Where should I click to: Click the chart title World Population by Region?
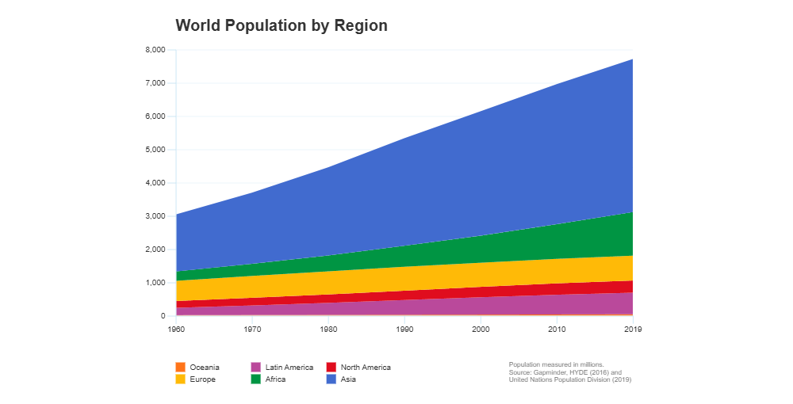282,25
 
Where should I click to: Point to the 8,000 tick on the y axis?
155,50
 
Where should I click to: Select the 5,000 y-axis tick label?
155,150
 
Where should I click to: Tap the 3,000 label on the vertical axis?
155,216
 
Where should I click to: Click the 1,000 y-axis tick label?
155,283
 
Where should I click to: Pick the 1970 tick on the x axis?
252,327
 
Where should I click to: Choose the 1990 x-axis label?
404,327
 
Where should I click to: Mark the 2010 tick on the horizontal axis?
557,327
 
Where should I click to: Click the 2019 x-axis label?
632,327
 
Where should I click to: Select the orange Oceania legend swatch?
180,368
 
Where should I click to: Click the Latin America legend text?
289,368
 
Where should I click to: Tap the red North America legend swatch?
331,368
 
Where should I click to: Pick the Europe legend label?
202,379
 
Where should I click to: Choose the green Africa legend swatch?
256,379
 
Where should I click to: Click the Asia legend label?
348,379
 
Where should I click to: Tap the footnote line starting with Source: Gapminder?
565,372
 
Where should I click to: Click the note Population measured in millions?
556,364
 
